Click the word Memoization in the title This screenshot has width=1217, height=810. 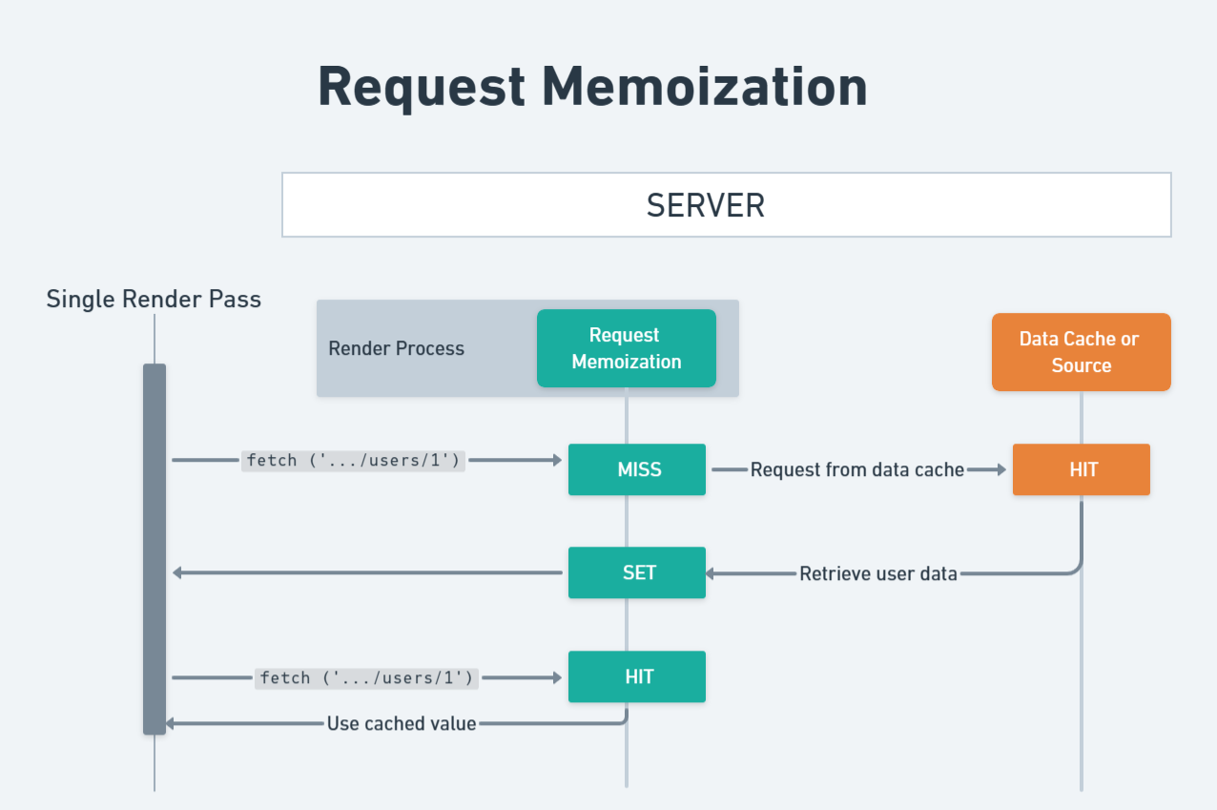click(705, 88)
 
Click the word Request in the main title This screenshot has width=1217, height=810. click(421, 88)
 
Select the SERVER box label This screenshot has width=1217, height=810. click(706, 205)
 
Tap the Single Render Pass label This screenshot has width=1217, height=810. click(154, 300)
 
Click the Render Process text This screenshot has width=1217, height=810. click(396, 348)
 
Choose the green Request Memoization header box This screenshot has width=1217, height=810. click(626, 348)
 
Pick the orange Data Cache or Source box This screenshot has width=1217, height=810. click(1081, 352)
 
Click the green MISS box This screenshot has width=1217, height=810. click(637, 469)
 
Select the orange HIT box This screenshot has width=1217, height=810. click(1082, 469)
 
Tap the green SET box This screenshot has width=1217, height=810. click(637, 572)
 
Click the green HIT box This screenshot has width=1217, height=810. click(637, 676)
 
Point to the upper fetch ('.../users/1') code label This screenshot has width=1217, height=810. click(353, 461)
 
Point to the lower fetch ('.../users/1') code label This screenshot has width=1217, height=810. click(366, 678)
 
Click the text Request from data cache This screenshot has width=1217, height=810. click(856, 469)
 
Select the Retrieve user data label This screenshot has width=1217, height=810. click(877, 573)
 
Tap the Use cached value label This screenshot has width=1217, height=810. click(401, 723)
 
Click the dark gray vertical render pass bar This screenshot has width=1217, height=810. click(155, 549)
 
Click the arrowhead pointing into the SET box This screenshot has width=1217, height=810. click(712, 573)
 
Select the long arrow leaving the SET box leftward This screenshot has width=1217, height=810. click(367, 572)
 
